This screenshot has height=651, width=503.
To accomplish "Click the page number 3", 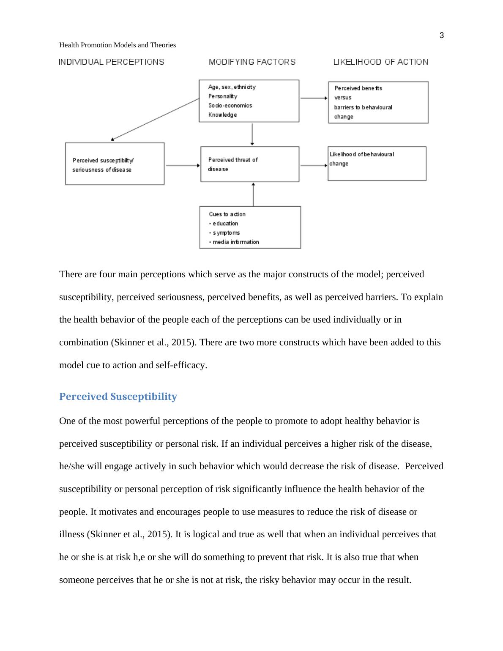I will tap(442, 36).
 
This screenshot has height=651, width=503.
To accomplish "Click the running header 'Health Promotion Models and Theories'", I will tap(118, 45).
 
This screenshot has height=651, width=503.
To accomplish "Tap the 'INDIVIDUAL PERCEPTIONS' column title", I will tap(112, 62).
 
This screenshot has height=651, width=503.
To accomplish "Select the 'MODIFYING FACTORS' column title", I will tap(252, 62).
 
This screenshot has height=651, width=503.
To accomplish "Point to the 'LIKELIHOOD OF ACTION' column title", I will tap(380, 62).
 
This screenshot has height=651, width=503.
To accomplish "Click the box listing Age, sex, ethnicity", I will tap(249, 101).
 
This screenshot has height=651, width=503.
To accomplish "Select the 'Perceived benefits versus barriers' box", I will tap(378, 102).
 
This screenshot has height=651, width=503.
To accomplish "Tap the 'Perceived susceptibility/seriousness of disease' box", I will tap(115, 164).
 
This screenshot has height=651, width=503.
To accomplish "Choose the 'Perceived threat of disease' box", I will tap(249, 164).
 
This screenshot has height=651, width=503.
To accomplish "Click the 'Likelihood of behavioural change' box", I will tap(377, 164).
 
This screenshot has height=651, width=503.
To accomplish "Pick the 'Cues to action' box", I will tap(250, 227).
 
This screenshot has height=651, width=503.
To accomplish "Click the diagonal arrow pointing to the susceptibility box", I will tap(155, 119).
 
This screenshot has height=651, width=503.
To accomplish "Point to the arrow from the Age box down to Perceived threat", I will tap(252, 134).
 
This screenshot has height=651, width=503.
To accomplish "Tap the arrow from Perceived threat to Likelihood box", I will tap(313, 165).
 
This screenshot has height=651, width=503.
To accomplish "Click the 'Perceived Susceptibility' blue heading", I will tap(118, 397).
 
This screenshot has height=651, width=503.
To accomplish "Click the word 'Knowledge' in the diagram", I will tap(222, 115).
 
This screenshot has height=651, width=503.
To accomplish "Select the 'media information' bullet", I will tap(235, 242).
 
